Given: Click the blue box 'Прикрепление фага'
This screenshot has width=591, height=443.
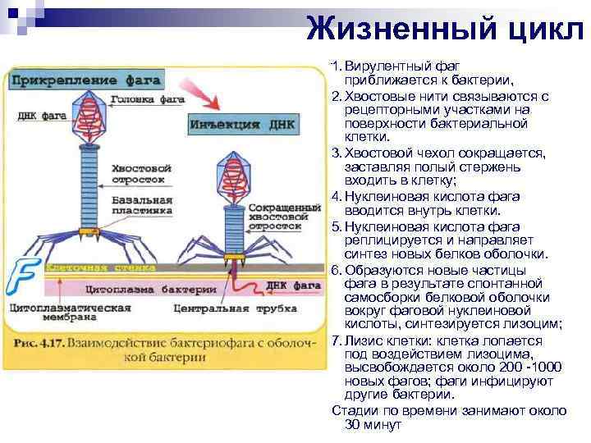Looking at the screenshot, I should click(85, 80).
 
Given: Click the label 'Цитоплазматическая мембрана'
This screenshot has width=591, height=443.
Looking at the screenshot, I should click(70, 314).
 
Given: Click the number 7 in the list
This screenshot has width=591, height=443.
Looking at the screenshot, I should click(336, 340).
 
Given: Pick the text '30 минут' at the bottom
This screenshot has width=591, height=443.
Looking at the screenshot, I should click(373, 425).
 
